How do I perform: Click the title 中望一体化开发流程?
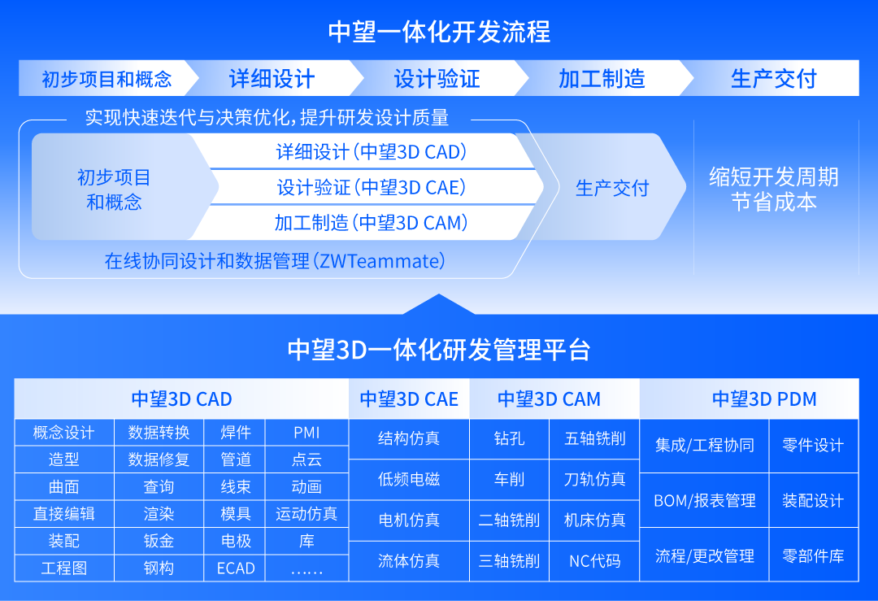(x=439, y=33)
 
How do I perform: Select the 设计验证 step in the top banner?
(x=437, y=79)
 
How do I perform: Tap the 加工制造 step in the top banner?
(x=602, y=79)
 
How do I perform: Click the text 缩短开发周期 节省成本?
(x=773, y=189)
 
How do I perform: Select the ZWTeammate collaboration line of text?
(x=275, y=261)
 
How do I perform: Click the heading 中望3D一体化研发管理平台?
(x=439, y=350)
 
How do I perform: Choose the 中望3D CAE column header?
(x=409, y=399)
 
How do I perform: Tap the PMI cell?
(x=306, y=433)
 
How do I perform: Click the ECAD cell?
(x=236, y=568)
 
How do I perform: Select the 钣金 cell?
(x=159, y=541)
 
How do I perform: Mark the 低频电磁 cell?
(x=409, y=479)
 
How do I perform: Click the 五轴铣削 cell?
(x=595, y=439)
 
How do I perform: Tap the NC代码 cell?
(x=595, y=561)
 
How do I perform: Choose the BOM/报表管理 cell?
(x=705, y=500)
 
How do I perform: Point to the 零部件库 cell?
(x=813, y=556)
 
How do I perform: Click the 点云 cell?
(x=306, y=459)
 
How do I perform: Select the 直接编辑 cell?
(x=64, y=514)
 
